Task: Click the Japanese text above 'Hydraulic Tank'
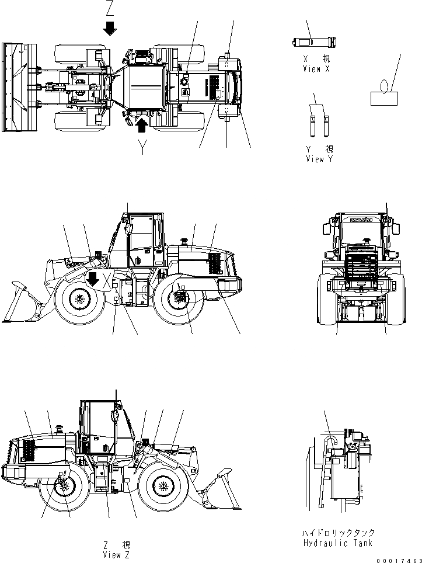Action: [x=339, y=533]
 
